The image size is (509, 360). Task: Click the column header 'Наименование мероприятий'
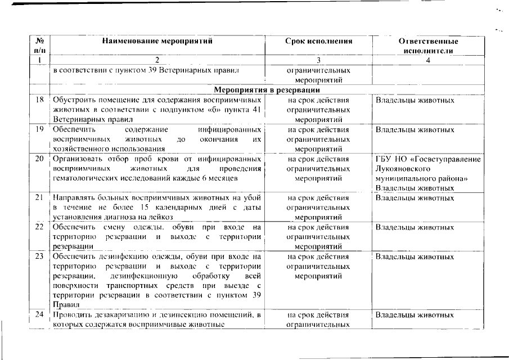coord(157,41)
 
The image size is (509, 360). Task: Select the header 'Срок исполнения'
coord(319,41)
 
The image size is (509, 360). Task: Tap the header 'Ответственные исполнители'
coord(428,46)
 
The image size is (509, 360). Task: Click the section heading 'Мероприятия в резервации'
coord(267,90)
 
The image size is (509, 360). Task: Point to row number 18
coord(39,100)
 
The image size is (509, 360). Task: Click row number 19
coord(39,129)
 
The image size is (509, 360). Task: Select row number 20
coord(39,159)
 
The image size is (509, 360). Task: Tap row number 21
coord(39,198)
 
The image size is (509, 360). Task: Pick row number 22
coord(39,227)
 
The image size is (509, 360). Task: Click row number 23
coord(39,256)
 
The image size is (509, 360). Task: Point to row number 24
coord(39,314)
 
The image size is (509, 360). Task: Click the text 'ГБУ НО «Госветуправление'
coord(428,159)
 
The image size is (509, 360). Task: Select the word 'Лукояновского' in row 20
coord(400,168)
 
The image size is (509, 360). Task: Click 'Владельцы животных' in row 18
coord(415,100)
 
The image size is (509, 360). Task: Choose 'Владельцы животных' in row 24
coord(415,314)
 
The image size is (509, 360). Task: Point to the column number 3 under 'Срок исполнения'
coord(319,60)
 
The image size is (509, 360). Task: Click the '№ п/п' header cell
coord(39,46)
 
